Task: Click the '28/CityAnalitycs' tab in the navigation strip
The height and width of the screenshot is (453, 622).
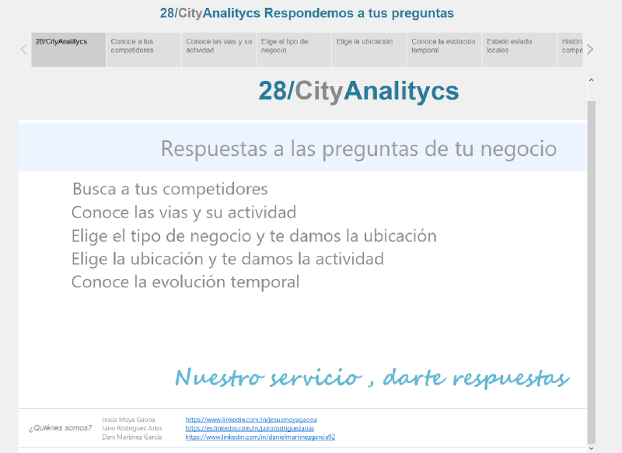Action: [x=68, y=50]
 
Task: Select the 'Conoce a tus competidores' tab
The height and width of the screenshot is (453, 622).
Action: [x=144, y=50]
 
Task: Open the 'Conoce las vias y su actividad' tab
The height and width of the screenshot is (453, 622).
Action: [x=219, y=50]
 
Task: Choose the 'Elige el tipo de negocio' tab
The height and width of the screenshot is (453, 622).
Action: [x=294, y=50]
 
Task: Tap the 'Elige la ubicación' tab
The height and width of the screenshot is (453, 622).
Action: [x=369, y=50]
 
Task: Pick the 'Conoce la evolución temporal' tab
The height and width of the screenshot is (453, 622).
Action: [x=444, y=50]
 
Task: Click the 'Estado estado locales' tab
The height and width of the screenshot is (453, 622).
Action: [x=519, y=50]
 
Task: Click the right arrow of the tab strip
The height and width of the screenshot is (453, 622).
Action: [x=590, y=50]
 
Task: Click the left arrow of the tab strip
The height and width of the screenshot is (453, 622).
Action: [x=24, y=50]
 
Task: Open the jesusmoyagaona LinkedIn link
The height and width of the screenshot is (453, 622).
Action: [x=251, y=420]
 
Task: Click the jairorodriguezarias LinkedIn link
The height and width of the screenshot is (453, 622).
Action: [x=250, y=428]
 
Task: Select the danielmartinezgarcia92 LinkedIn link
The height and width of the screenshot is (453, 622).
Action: [x=260, y=437]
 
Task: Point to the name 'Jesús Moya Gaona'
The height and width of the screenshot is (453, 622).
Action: [x=128, y=420]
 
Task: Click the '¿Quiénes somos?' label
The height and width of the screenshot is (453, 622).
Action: [x=61, y=428]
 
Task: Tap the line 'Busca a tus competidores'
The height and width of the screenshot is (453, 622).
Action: [x=170, y=189]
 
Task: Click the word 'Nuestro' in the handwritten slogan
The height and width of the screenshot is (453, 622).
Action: [x=219, y=377]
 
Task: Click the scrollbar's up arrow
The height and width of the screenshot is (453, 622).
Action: [x=591, y=80]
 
